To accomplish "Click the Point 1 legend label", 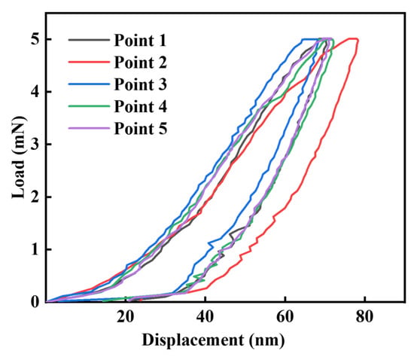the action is [140, 41].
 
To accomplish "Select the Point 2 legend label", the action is [141, 63].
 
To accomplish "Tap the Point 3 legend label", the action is [141, 84].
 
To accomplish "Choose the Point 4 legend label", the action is [141, 107].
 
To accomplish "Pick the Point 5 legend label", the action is [141, 129].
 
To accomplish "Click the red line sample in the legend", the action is [89, 62].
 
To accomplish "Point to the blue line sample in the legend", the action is [89, 84].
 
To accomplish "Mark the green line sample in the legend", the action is [89, 106].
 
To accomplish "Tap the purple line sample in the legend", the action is [89, 128].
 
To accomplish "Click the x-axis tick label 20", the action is [126, 317].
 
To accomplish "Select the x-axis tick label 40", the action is [205, 317].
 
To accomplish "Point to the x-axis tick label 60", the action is [285, 317].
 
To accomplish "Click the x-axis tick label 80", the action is [365, 317].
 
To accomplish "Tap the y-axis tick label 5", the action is [35, 39].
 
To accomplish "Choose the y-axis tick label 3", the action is [35, 144].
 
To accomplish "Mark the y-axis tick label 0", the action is [35, 302].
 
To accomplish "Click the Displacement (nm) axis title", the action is [214, 340].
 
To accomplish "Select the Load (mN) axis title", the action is [19, 157].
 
